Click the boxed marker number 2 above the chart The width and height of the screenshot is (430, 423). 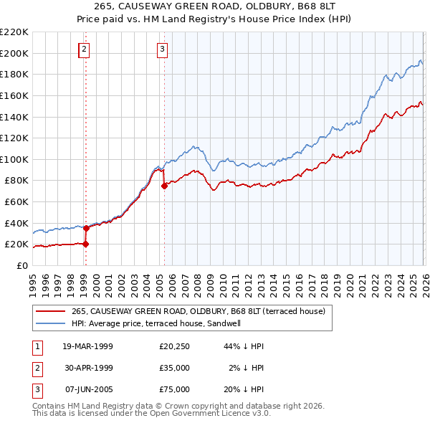point(85,49)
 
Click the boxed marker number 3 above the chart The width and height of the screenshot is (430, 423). point(163,49)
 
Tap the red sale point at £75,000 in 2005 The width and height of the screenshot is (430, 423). point(164,186)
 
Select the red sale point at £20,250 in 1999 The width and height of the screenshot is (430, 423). point(85,244)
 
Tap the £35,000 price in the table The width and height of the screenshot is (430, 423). point(174,368)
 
